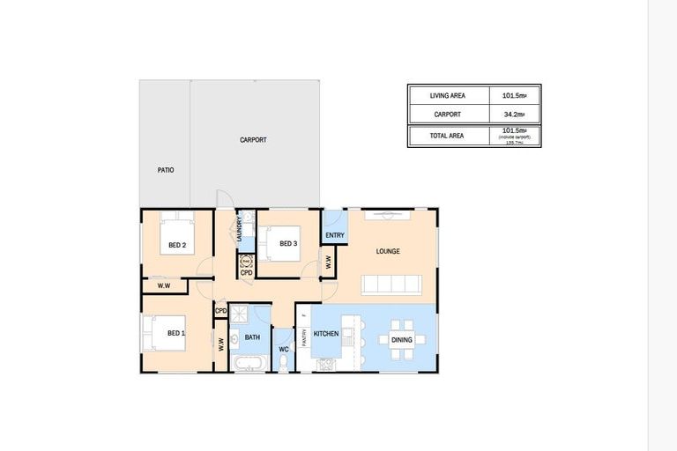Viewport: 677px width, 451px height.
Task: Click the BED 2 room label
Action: (177, 246)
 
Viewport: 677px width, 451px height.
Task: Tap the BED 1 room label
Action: (176, 333)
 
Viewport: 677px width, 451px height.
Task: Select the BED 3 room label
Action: (289, 243)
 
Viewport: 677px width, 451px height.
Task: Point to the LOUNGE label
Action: (388, 251)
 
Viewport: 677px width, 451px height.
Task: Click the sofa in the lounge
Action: (391, 284)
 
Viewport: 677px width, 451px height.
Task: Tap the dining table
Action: (401, 339)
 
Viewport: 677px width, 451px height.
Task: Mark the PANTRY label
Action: (304, 336)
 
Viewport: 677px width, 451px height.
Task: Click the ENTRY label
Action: (335, 235)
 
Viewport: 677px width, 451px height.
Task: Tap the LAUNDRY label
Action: (238, 229)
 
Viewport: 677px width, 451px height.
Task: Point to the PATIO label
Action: (165, 169)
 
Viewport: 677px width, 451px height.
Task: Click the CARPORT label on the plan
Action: (253, 140)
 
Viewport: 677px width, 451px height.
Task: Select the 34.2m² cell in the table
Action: (514, 114)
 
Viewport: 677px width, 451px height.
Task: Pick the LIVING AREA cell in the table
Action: (448, 95)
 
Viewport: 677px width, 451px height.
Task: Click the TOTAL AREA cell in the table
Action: (448, 136)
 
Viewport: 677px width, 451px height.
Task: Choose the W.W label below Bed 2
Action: (163, 285)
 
